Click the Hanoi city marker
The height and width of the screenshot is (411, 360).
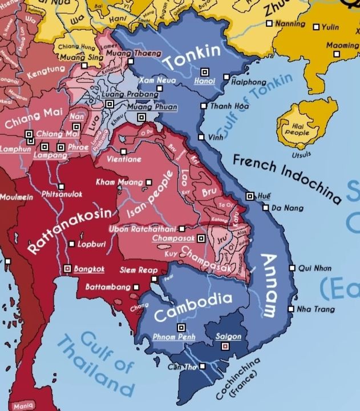tap(205, 72)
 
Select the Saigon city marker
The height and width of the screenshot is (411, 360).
tap(225, 345)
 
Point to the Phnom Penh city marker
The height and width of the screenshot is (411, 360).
tap(181, 327)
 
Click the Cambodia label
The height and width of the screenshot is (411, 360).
tap(193, 307)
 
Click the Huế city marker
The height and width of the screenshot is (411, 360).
tap(249, 196)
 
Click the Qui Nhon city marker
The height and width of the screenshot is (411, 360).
tap(292, 268)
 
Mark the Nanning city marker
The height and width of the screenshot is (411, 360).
tap(269, 23)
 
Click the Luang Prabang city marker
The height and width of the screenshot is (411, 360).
tap(110, 104)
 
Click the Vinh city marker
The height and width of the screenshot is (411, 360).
tap(201, 138)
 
